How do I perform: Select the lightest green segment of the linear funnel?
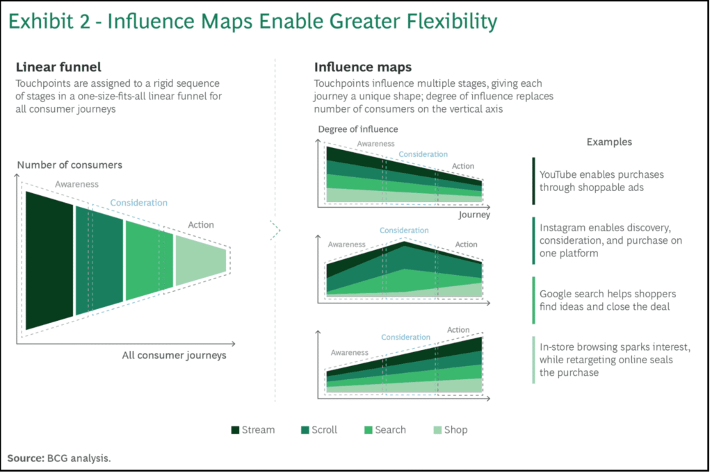pyautogui.click(x=200, y=260)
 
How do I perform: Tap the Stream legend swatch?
pyautogui.click(x=236, y=430)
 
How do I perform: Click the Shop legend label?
pyautogui.click(x=456, y=430)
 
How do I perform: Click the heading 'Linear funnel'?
pyautogui.click(x=58, y=67)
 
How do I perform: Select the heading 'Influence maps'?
pyautogui.click(x=353, y=67)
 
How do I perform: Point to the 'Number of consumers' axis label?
pyautogui.click(x=70, y=165)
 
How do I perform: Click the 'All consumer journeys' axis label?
pyautogui.click(x=174, y=356)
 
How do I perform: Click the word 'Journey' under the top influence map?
pyautogui.click(x=474, y=215)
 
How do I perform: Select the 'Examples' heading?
pyautogui.click(x=609, y=142)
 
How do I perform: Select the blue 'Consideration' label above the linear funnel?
pyautogui.click(x=139, y=203)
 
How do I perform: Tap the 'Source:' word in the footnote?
pyautogui.click(x=25, y=458)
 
